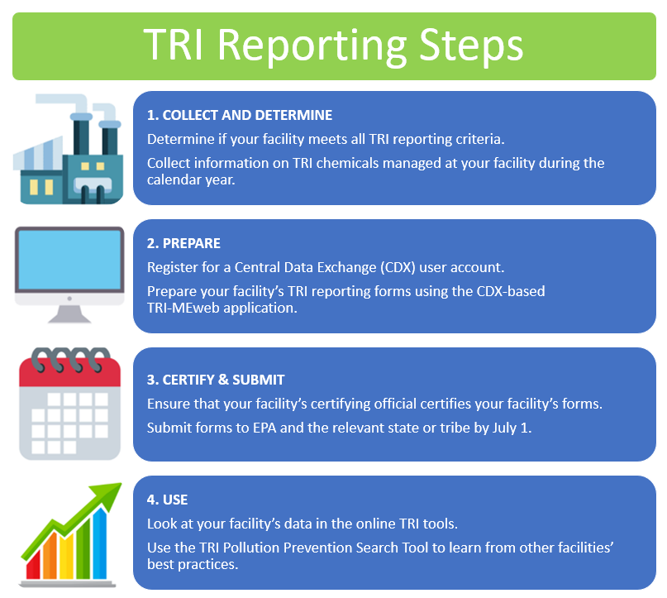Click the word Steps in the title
[471, 46]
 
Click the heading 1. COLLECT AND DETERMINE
[240, 115]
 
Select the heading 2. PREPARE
[183, 243]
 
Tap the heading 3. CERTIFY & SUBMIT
[216, 380]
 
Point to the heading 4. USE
[167, 500]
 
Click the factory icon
[68, 149]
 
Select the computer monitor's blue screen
[69, 260]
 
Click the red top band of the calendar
[69, 373]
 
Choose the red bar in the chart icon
[34, 564]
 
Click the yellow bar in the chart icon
[66, 557]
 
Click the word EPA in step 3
[264, 428]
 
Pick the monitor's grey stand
[69, 314]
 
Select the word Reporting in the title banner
[312, 46]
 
